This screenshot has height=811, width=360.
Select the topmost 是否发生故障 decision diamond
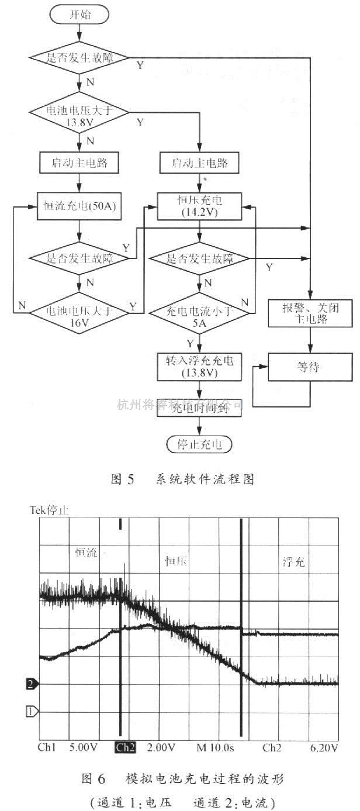coord(79,58)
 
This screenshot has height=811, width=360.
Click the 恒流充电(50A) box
coord(79,206)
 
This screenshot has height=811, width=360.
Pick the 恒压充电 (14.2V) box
coord(200,206)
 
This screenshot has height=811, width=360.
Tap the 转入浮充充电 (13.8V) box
coord(200,366)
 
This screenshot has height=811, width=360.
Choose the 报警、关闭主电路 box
coord(310,312)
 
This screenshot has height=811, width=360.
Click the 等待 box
coord(310,367)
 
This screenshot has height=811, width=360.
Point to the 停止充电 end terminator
coord(200,444)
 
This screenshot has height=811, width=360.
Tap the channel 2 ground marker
coord(33,683)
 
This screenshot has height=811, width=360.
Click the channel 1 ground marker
coord(33,712)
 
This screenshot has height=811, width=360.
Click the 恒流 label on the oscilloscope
coord(86,553)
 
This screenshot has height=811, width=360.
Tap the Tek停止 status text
coord(49,510)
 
